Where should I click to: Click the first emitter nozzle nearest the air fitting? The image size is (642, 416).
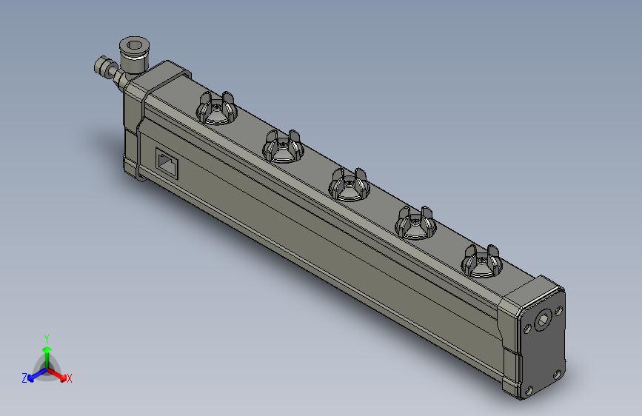tap(215, 110)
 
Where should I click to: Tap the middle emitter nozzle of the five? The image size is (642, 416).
tap(349, 183)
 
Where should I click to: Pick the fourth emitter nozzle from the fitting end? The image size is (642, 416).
tap(415, 222)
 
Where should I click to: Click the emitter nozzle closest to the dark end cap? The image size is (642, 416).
tap(481, 261)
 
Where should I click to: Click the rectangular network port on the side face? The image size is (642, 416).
tap(167, 161)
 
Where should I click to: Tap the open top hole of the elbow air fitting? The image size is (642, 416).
tap(135, 47)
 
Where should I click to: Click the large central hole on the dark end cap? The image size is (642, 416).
tap(544, 320)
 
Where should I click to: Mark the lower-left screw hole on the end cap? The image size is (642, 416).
tap(528, 390)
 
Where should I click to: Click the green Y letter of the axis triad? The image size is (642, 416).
tap(46, 338)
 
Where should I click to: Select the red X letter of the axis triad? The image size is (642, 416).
tap(70, 379)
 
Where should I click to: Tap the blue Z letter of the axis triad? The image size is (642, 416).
tap(24, 378)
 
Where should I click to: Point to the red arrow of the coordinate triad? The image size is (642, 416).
tap(59, 375)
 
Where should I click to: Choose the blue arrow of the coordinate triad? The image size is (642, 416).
tap(35, 375)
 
